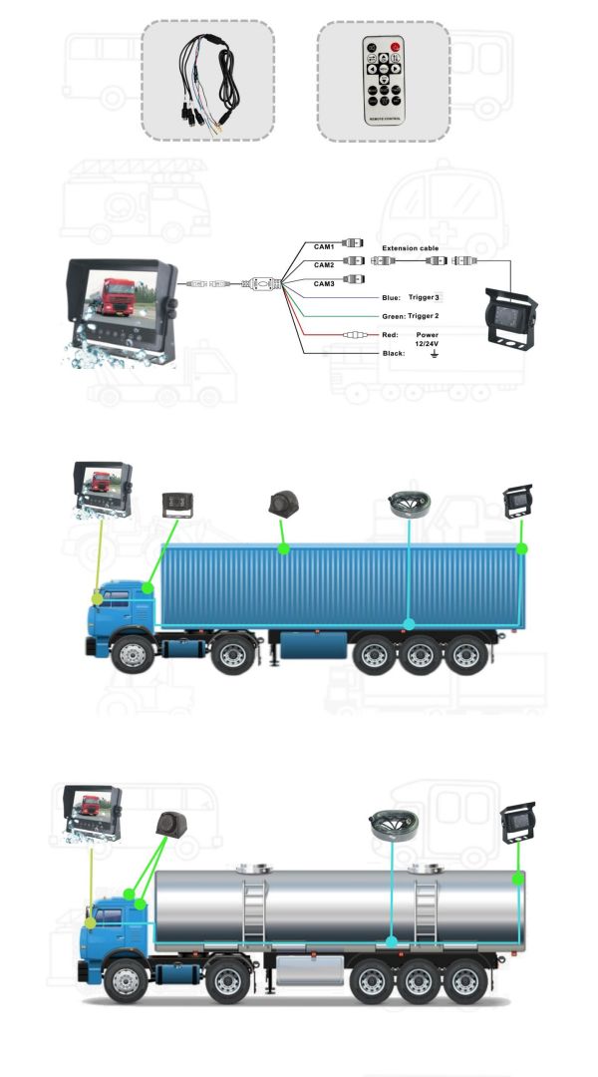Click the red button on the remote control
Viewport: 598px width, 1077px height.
point(395,48)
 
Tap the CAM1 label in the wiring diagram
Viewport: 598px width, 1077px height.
point(324,246)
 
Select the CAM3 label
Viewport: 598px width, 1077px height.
point(324,283)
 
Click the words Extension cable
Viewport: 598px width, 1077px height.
point(410,248)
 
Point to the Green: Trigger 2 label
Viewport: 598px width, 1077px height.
point(410,317)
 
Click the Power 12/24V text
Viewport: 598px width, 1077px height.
point(427,339)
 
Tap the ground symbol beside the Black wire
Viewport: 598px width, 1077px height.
point(434,354)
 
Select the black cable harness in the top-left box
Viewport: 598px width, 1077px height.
point(208,81)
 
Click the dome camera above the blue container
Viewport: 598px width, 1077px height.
point(283,503)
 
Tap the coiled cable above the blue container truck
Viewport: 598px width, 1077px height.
point(409,504)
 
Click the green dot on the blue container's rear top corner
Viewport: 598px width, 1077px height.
point(522,548)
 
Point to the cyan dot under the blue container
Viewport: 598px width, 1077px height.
point(410,623)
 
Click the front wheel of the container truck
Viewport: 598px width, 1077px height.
point(133,654)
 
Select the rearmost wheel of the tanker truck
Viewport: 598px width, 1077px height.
point(465,981)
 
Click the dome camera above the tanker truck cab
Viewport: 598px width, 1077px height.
point(171,825)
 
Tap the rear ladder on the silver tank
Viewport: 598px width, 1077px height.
point(426,911)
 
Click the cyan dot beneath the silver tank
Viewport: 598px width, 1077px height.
point(392,941)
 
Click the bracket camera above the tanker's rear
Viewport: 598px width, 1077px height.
point(517,823)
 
